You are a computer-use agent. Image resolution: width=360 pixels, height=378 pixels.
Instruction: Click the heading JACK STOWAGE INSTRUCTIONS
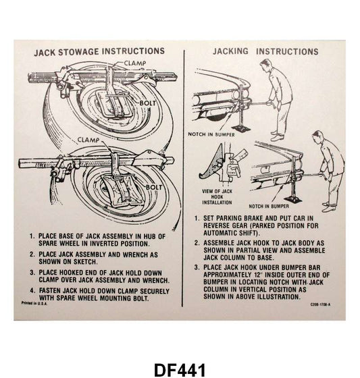(99, 51)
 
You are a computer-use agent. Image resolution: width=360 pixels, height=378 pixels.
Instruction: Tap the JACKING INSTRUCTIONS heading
(265, 52)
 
